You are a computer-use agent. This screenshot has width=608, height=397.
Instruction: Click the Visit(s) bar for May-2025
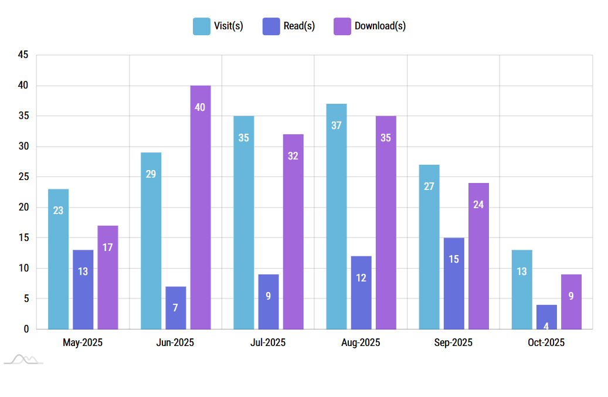pos(58,259)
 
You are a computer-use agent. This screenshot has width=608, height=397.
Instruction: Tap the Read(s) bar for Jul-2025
pos(268,301)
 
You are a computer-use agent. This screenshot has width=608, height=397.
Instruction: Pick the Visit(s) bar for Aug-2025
pos(336,216)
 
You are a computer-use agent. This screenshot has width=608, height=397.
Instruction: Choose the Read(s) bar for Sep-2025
pos(454,283)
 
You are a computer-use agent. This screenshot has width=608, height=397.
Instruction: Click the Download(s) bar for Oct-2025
pos(571,301)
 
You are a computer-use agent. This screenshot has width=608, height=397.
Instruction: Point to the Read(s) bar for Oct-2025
pos(546,317)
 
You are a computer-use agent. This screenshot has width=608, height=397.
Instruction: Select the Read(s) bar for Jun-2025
pos(175,307)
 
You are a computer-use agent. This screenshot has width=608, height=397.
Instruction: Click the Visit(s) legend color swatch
pos(201,26)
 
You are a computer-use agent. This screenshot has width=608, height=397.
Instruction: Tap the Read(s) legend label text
pos(299,26)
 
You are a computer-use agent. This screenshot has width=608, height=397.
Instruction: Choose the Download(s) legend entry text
pos(380,26)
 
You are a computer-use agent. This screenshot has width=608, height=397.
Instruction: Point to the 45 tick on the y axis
pos(23,55)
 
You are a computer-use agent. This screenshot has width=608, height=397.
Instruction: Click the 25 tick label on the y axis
pos(23,177)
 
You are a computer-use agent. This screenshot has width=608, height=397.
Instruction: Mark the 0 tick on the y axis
pos(26,329)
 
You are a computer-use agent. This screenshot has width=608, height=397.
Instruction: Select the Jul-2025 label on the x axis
pos(268,342)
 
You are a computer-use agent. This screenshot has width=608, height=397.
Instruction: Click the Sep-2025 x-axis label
pos(453,342)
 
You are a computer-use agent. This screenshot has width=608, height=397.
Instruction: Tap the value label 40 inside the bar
pos(200,107)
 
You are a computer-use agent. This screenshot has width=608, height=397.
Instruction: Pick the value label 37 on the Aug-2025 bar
pos(336,125)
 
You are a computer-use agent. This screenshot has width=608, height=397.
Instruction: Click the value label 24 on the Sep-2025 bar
pos(478,205)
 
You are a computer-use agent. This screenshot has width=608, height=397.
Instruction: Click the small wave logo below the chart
pos(23,359)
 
